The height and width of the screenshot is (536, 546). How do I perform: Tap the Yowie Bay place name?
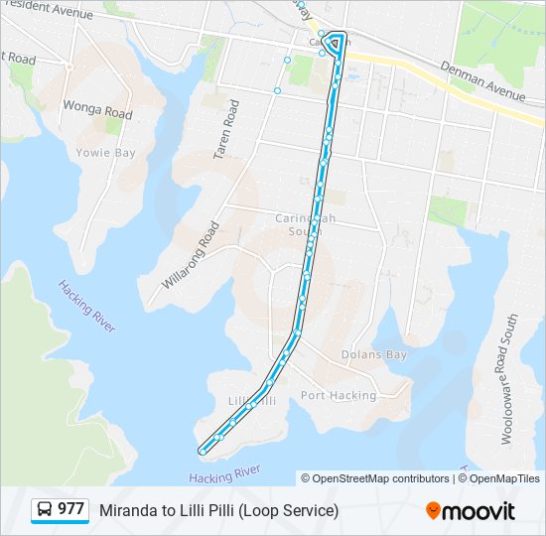click(x=104, y=153)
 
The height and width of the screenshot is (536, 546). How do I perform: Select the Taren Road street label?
click(x=227, y=130)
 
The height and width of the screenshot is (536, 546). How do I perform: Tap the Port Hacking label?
click(x=339, y=395)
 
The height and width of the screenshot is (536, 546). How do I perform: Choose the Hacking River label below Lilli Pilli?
click(x=224, y=473)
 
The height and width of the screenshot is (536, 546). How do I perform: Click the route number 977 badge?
click(x=70, y=509)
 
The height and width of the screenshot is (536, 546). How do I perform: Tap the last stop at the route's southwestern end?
click(x=203, y=451)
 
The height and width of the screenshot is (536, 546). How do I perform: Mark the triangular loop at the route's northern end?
click(x=336, y=43)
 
